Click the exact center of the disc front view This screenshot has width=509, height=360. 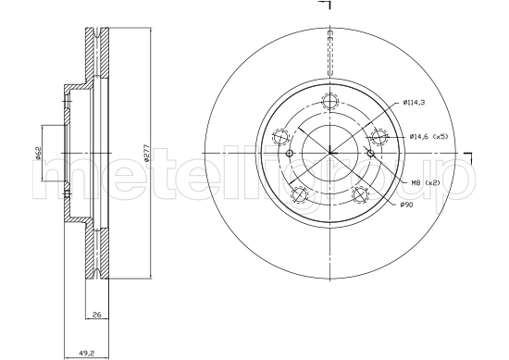pyautogui.click(x=329, y=153)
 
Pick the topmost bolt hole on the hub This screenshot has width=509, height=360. pyautogui.click(x=329, y=101)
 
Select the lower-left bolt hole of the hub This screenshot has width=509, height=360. pyautogui.click(x=299, y=194)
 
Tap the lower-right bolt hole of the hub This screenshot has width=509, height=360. pyautogui.click(x=360, y=194)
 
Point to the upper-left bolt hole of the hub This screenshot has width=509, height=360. pyautogui.click(x=280, y=137)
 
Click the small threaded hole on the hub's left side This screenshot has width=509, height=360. pyautogui.click(x=289, y=153)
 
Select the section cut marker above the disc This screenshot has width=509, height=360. pyautogui.click(x=325, y=7)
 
